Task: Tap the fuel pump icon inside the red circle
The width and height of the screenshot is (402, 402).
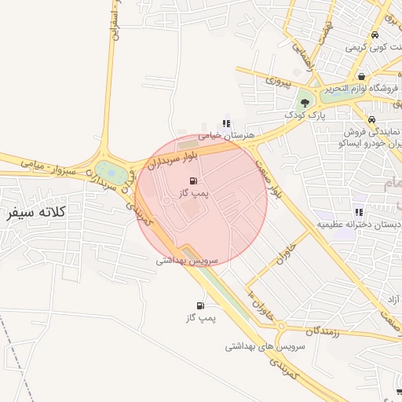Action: pos(194,181)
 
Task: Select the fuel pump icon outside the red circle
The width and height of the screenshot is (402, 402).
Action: pos(200,305)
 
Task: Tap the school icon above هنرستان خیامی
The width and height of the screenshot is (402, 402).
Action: pos(227,123)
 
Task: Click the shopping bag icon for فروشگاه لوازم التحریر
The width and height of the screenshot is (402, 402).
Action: pos(360,77)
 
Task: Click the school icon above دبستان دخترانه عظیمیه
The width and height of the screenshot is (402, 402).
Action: pos(359,212)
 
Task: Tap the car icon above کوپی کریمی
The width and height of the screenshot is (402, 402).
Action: pos(375,35)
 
